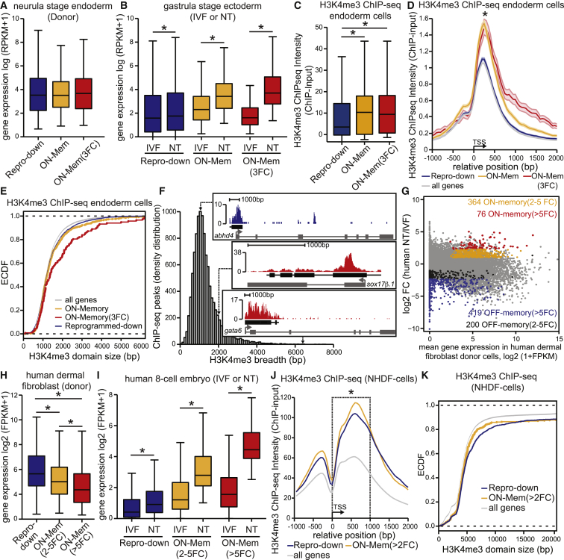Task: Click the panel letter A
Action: [x=6, y=7]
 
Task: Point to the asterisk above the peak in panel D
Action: [x=486, y=15]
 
